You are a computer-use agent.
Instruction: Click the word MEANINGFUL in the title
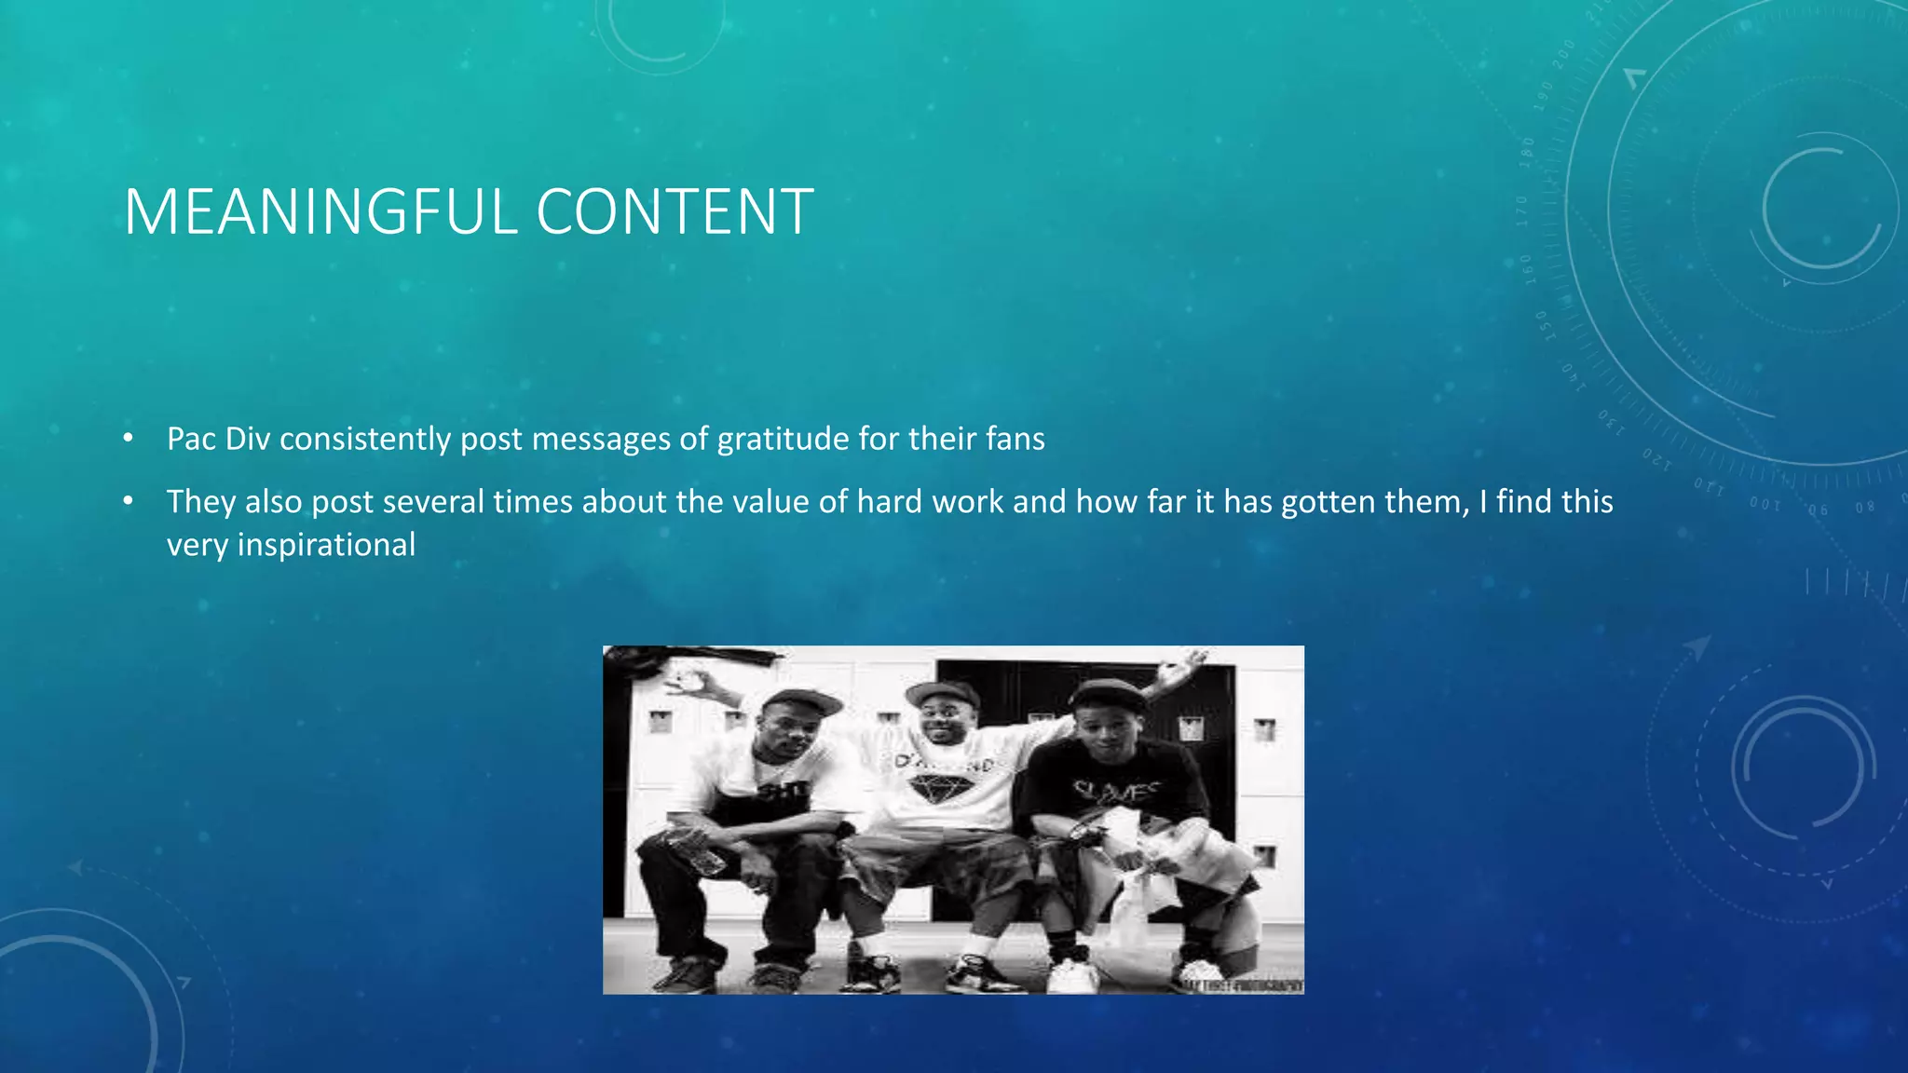321,212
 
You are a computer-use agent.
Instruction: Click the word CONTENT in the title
675,212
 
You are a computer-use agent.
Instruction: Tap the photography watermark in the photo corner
1244,985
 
